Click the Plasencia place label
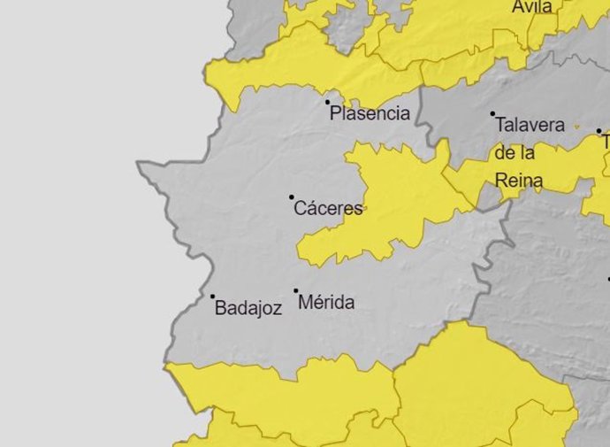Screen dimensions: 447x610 pos(370,113)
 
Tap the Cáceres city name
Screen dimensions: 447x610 pos(328,209)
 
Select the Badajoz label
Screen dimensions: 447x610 pos(248,309)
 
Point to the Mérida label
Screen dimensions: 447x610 pos(326,303)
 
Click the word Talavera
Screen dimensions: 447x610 pos(530,125)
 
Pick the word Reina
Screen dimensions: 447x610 pos(519,181)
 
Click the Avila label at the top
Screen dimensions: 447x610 pos(532,7)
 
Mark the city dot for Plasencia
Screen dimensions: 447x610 pos(328,103)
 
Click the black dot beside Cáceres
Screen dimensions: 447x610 pos(292,197)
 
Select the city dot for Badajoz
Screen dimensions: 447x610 pos(212,297)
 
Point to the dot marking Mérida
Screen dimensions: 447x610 pos(296,290)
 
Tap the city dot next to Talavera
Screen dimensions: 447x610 pos(493,114)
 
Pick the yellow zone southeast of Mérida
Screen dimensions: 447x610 pos(469,381)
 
